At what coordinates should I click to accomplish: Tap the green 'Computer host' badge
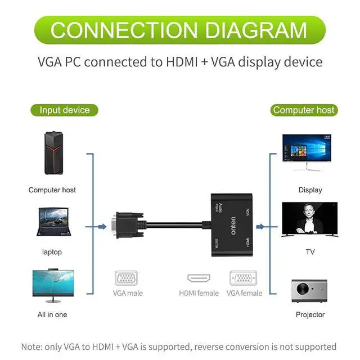[x=304, y=110]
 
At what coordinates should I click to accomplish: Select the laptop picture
[x=53, y=222]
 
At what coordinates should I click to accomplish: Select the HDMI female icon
[x=199, y=279]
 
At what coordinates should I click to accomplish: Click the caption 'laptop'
[x=52, y=252]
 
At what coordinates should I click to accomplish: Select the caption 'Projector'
[x=310, y=314]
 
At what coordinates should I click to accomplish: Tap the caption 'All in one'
[x=52, y=314]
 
